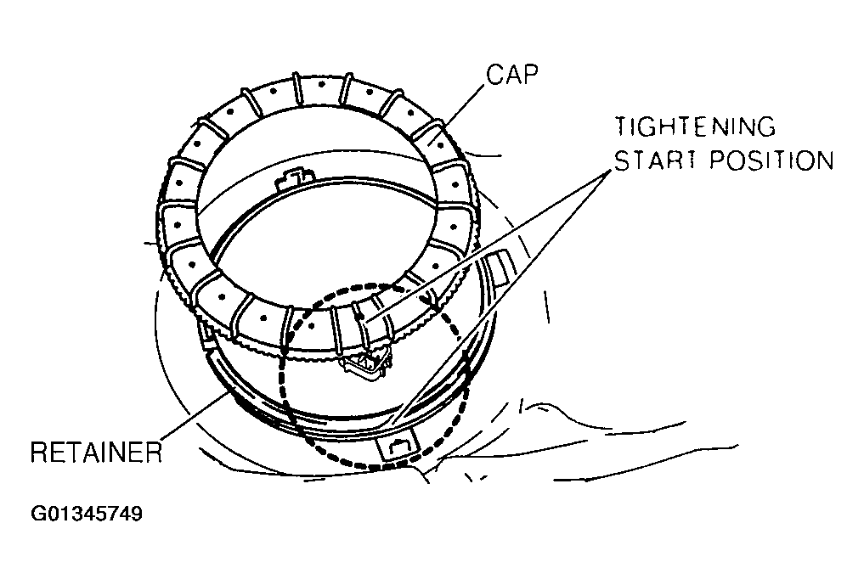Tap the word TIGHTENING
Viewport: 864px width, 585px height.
pos(696,127)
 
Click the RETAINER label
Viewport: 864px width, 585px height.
pos(95,452)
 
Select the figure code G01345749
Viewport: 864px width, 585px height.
pos(86,515)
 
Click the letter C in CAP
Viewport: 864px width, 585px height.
pos(494,76)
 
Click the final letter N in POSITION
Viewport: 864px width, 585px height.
pos(824,160)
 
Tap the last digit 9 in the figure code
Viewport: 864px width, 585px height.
pos(136,515)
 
